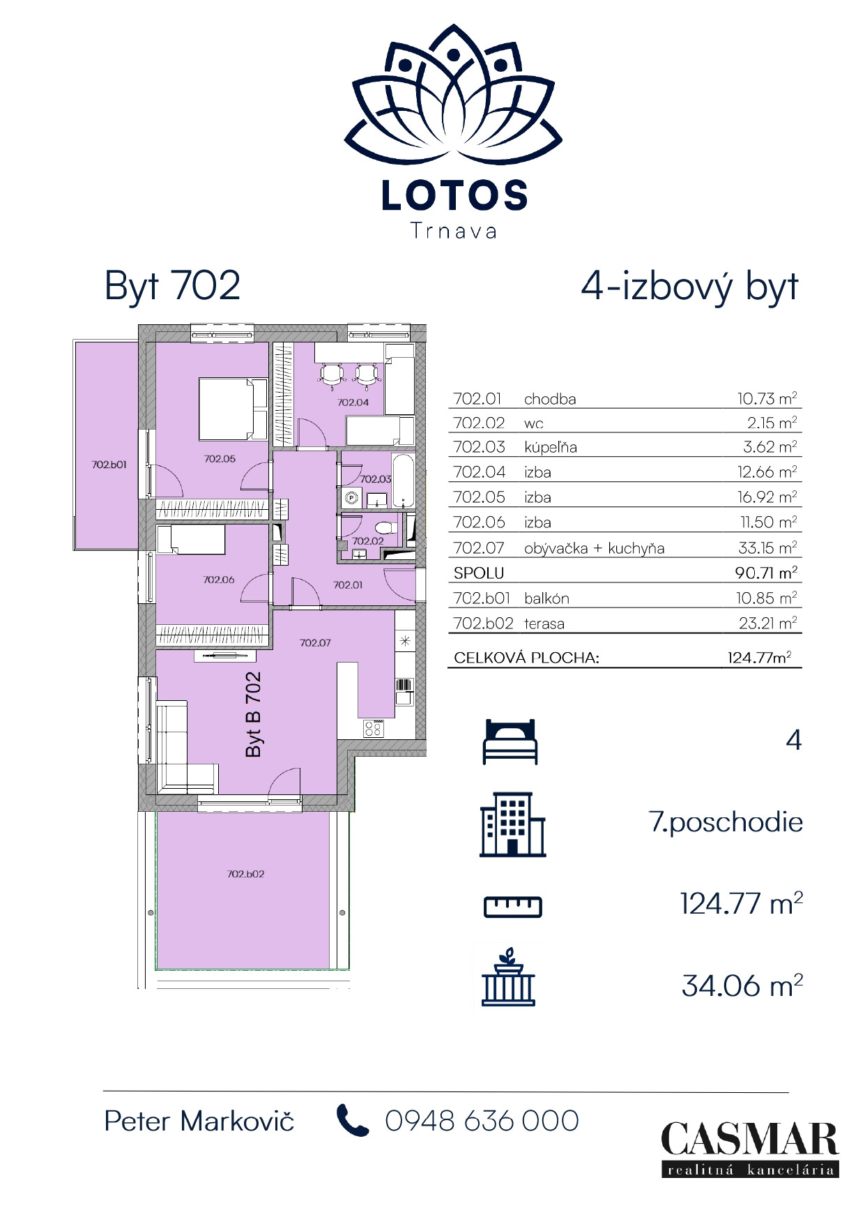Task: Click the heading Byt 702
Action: point(172,286)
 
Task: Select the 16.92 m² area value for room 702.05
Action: point(767,497)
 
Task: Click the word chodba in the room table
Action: point(550,400)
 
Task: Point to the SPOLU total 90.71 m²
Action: point(765,573)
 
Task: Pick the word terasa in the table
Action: point(544,624)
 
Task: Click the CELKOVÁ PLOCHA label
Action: point(526,658)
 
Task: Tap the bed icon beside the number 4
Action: point(510,741)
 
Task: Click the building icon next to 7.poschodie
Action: point(512,824)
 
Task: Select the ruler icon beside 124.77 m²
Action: point(512,906)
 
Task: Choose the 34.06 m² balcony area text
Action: point(742,986)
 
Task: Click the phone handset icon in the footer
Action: point(352,1121)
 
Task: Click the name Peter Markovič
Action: point(199,1121)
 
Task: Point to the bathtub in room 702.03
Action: point(403,480)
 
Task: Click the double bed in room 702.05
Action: point(233,409)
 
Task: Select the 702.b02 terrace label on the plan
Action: point(245,874)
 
